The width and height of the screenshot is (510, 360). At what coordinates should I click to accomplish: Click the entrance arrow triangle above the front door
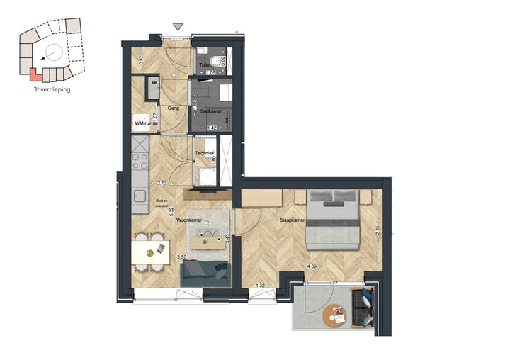178,27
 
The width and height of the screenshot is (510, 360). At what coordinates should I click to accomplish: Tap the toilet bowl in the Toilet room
202,52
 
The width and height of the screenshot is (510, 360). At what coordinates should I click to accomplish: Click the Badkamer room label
211,111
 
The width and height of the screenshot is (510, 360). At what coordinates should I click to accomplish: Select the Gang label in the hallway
172,108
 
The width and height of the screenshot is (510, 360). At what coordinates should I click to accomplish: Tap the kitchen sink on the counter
139,195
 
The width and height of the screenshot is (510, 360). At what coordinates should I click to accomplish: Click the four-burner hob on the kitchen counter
138,150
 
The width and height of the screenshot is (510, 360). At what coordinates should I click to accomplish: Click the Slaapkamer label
293,220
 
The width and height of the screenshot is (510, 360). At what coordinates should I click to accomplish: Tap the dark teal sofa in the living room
205,274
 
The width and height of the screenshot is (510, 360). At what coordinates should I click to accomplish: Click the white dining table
151,252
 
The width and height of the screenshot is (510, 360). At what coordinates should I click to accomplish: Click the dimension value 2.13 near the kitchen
163,183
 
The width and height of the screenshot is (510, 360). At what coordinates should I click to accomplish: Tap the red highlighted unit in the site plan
35,73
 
